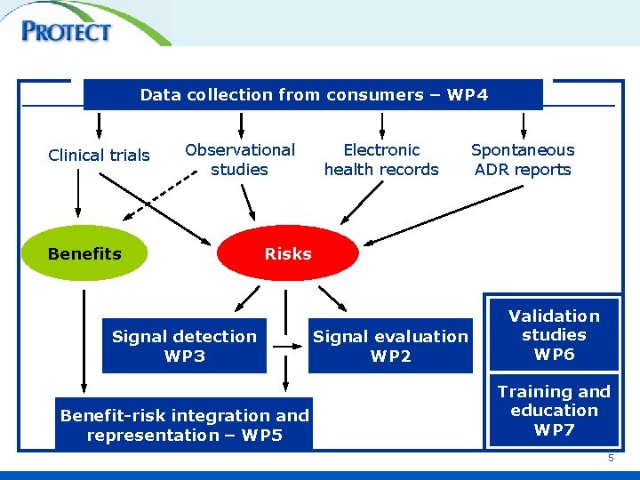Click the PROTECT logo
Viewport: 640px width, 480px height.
coord(68,31)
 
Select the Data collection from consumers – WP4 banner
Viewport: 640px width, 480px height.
coord(313,95)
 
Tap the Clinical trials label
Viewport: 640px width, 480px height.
coord(99,156)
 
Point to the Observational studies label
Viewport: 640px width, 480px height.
coord(239,160)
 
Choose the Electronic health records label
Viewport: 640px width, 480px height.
coord(381,160)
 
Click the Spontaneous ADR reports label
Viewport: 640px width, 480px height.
coord(523,160)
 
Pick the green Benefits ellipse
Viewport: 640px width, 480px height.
coord(84,254)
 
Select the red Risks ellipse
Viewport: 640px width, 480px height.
coord(288,254)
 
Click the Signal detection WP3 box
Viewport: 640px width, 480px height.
coord(184,346)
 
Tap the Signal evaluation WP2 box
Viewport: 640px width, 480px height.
coord(390,346)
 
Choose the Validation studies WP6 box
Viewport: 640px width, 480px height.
coord(554,335)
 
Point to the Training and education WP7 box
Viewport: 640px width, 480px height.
coord(554,411)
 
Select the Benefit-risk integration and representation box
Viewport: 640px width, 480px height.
coord(184,425)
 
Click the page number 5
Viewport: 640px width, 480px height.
coord(611,458)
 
